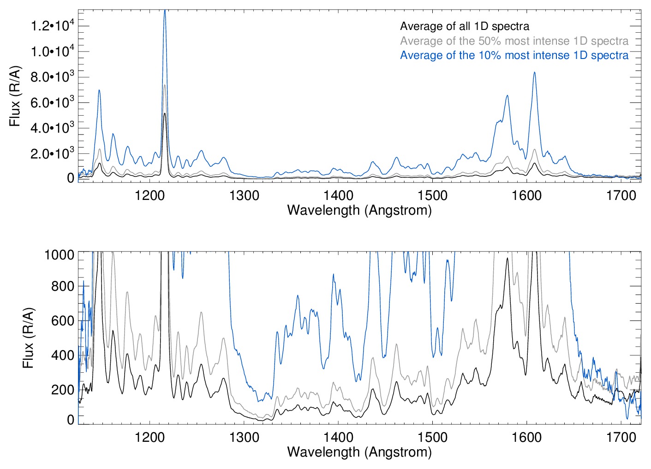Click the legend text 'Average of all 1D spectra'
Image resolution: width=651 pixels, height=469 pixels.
coord(465,26)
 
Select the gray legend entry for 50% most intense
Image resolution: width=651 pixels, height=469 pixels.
coord(514,41)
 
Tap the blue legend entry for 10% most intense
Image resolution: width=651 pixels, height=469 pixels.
coord(514,55)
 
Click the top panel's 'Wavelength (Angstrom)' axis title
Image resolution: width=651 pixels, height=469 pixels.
coord(359,210)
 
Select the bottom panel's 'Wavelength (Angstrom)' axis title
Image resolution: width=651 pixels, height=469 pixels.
coord(359,452)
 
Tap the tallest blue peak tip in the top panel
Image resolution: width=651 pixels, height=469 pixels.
coord(165,11)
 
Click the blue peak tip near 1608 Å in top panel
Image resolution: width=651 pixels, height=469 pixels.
coord(534,72)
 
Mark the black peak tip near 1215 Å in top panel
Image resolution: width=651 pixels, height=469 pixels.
coord(165,113)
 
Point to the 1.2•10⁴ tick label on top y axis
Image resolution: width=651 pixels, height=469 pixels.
coord(52,25)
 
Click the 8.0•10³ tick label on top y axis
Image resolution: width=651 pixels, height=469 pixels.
coord(52,76)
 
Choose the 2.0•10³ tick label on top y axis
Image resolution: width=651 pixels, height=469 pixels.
coord(52,153)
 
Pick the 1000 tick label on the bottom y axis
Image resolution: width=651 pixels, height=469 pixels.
coord(60,254)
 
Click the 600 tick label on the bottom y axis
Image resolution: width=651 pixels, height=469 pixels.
coord(63,321)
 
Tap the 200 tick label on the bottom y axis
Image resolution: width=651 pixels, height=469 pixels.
coord(63,390)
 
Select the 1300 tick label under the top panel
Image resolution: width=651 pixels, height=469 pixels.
coord(244,195)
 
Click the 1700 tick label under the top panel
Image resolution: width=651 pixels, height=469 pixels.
coord(621,195)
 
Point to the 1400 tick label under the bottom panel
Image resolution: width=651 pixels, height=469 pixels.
coord(338,437)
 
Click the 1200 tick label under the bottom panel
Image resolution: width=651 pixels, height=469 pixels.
coord(150,437)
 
